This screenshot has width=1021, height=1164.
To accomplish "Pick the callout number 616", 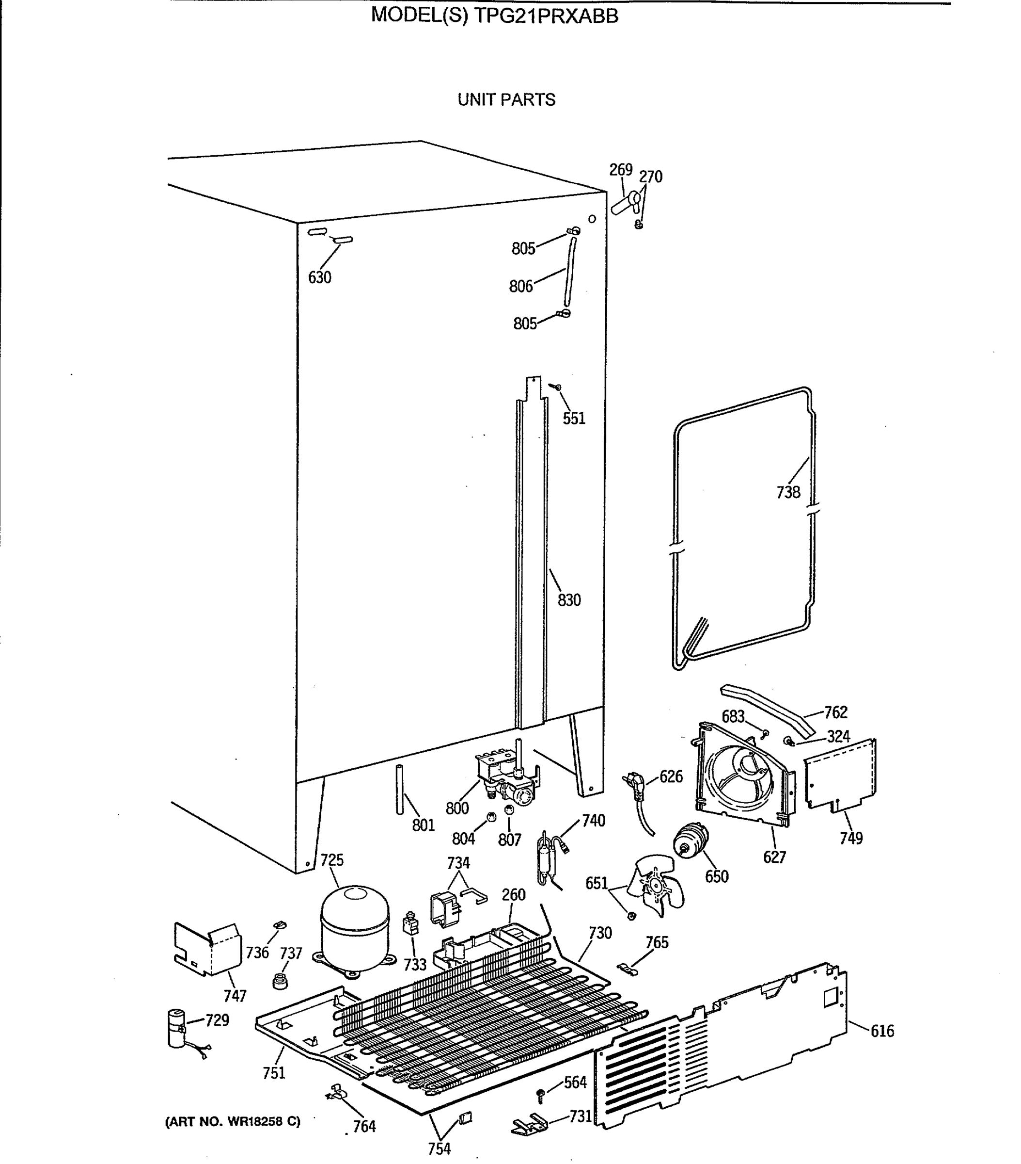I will click(x=881, y=1031).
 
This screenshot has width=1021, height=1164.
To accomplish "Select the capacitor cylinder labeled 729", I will click(x=176, y=1029).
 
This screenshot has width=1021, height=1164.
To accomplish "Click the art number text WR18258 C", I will click(x=264, y=1121).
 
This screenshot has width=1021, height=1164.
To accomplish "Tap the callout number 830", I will click(x=568, y=599).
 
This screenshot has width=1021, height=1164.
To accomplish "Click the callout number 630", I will click(x=319, y=277).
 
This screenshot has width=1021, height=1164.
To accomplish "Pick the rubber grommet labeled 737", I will click(x=279, y=981).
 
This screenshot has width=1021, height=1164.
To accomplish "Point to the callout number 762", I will click(x=835, y=712).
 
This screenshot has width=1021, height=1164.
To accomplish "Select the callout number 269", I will click(x=620, y=170).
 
